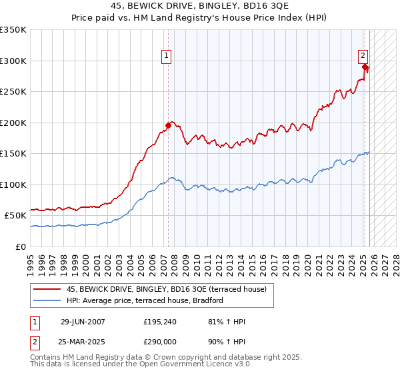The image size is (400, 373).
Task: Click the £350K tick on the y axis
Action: (13, 30)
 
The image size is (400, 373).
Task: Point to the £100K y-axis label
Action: (13, 185)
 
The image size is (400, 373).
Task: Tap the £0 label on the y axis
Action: (20, 246)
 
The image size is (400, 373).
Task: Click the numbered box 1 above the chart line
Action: (165, 56)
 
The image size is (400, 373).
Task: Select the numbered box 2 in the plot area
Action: (363, 56)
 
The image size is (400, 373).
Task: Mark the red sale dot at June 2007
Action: (168, 125)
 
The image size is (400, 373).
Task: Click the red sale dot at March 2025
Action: (365, 67)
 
